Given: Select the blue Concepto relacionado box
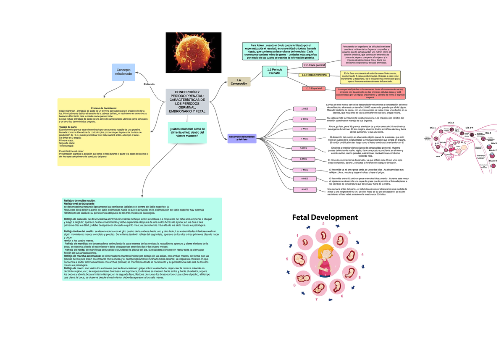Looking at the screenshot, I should [x=123, y=71].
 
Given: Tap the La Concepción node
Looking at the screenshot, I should [x=239, y=81].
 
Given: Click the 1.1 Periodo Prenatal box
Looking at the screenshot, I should [x=274, y=71].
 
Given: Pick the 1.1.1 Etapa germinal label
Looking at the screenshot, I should [x=315, y=65].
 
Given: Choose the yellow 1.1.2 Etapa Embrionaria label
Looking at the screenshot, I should [x=315, y=75].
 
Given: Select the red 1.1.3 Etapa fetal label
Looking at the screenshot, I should [x=314, y=89].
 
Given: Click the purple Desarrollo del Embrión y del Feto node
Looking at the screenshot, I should [x=242, y=138].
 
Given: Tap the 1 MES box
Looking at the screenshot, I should [x=304, y=109].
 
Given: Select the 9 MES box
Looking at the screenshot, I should [x=304, y=189].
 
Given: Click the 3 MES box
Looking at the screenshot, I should [x=304, y=129].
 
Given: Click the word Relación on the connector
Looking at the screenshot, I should [x=149, y=84].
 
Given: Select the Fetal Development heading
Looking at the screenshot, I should [x=325, y=217].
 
